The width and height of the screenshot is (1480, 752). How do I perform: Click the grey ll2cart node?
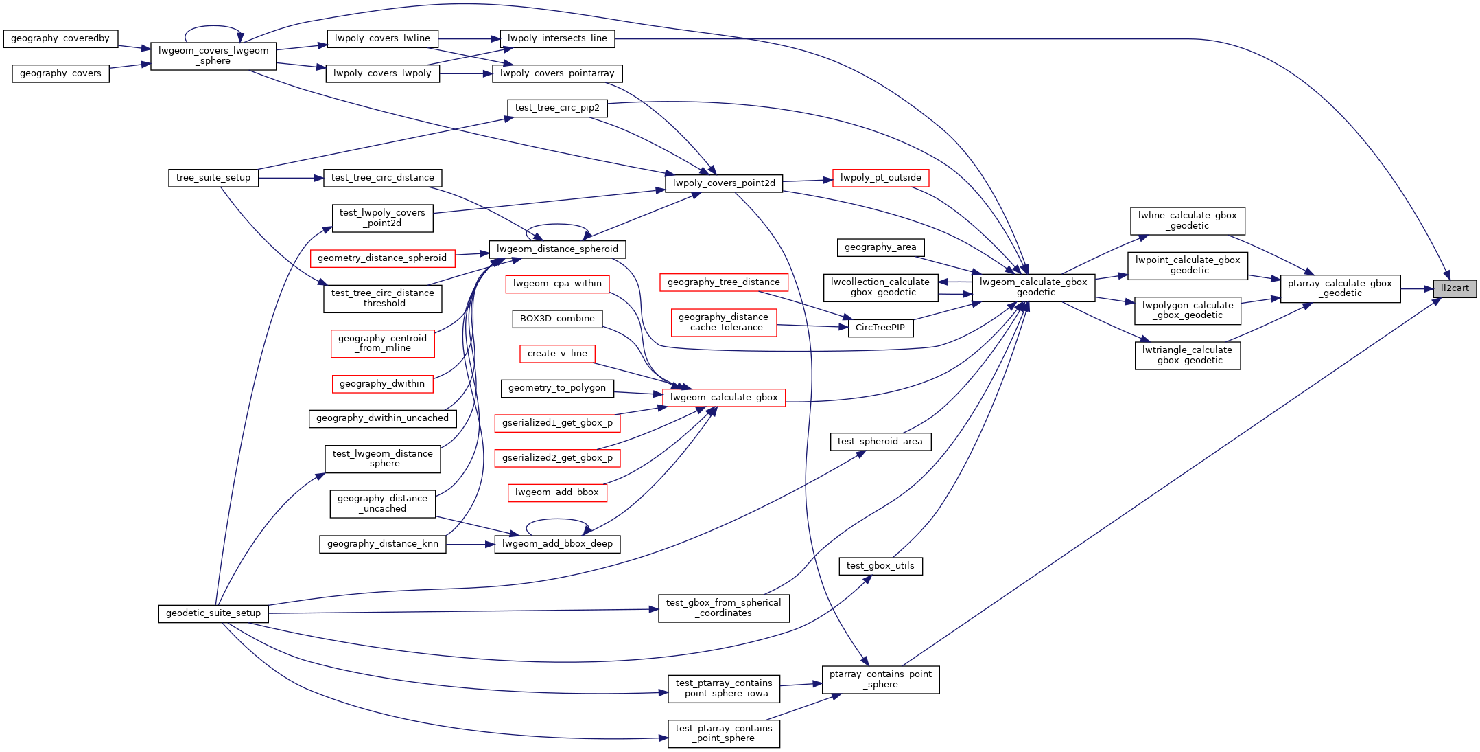[x=1455, y=288]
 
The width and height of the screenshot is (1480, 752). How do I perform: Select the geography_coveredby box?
[x=60, y=38]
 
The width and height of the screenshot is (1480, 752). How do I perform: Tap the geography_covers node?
[x=60, y=73]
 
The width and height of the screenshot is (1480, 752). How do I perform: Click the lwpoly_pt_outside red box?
[x=880, y=178]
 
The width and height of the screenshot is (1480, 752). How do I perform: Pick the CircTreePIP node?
[x=880, y=328]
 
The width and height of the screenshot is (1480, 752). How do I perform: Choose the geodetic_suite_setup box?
[x=213, y=613]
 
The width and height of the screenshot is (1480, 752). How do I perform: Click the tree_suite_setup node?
[x=213, y=178]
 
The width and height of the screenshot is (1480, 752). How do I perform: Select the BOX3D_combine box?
[x=557, y=319]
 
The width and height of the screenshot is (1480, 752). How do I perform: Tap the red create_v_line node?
[x=557, y=354]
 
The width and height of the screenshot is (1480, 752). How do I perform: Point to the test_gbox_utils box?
[x=880, y=566]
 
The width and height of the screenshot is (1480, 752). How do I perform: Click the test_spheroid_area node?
[x=880, y=442]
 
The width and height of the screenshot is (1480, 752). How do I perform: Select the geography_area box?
[x=880, y=247]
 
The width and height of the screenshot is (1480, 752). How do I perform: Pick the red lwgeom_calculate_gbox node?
[x=724, y=398]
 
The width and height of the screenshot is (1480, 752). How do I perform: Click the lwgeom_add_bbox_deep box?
[x=557, y=544]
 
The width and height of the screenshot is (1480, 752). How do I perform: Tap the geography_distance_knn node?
[x=382, y=544]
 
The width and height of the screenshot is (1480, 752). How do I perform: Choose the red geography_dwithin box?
[x=382, y=384]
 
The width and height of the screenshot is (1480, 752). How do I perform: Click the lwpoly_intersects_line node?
[x=557, y=38]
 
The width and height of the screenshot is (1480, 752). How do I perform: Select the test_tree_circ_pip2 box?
[x=557, y=108]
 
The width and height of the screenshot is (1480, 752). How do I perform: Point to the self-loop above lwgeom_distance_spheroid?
[x=557, y=225]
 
